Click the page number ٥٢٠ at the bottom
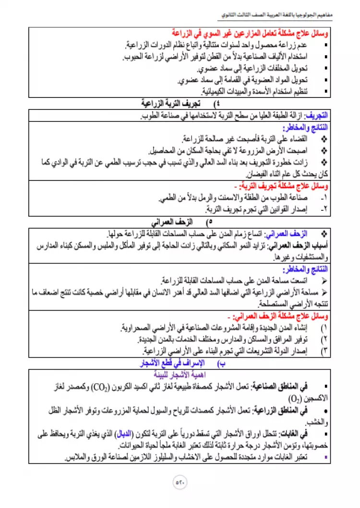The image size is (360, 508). pos(180,482)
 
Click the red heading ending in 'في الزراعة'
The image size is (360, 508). pos(250,34)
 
